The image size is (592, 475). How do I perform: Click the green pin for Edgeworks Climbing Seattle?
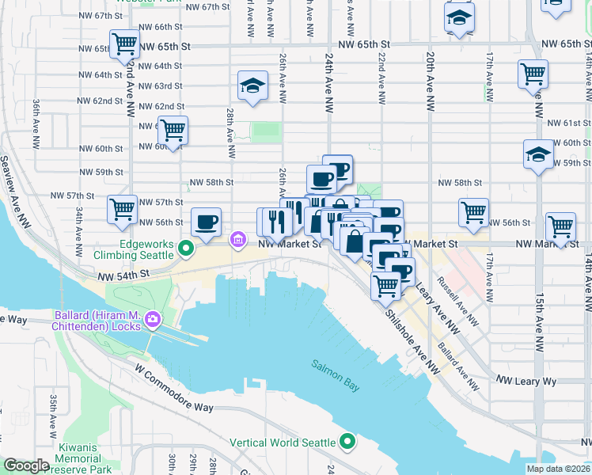pyautogui.click(x=186, y=249)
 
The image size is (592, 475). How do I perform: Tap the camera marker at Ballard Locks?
pyautogui.click(x=152, y=321)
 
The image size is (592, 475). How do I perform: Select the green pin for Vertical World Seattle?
pyautogui.click(x=347, y=442)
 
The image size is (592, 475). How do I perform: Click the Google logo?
pyautogui.click(x=25, y=466)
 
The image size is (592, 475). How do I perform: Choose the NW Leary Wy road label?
pyautogui.click(x=526, y=381)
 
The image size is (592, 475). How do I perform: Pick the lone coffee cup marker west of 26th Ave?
pyautogui.click(x=206, y=222)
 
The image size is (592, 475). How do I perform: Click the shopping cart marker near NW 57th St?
pyautogui.click(x=123, y=209)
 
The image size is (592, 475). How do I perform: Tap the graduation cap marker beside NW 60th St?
pyautogui.click(x=538, y=154)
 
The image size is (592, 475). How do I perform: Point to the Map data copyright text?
pyautogui.click(x=559, y=469)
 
